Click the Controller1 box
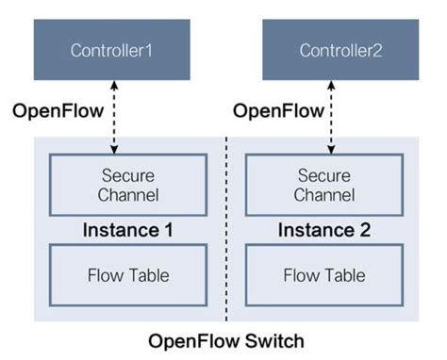(x=111, y=50)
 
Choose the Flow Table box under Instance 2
(x=324, y=275)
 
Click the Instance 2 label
(x=324, y=230)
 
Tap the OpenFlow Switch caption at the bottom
(x=225, y=340)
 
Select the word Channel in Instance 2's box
(x=324, y=195)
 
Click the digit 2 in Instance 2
(x=363, y=230)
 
